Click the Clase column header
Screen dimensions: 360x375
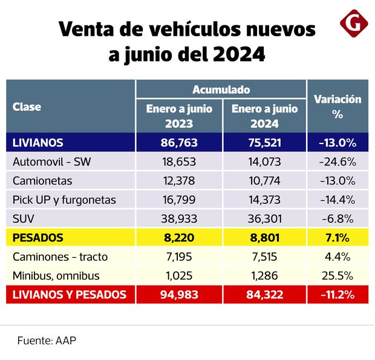(27, 107)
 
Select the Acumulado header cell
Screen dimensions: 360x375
(221, 90)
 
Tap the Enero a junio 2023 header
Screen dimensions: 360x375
(179, 116)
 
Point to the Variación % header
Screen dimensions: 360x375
(337, 106)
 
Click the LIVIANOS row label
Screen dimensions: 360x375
(37, 143)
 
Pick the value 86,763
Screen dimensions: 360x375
(179, 143)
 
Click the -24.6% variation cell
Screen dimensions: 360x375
(337, 162)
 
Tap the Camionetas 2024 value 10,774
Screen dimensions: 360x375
(264, 180)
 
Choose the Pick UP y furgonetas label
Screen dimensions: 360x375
(64, 199)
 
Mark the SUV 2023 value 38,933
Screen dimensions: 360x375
(179, 218)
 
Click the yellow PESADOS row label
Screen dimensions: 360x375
(37, 238)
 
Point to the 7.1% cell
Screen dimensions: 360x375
(337, 238)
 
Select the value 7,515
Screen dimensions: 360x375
(264, 257)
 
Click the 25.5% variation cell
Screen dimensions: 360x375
(337, 275)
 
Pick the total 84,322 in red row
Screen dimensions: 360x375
(264, 295)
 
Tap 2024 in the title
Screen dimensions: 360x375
(238, 55)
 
